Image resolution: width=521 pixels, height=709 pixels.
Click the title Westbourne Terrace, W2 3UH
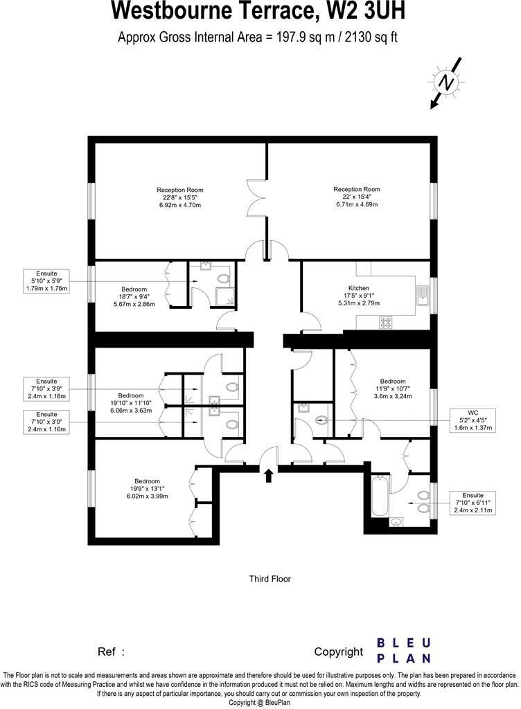coord(259,12)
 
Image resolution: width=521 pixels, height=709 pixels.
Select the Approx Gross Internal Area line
coord(259,37)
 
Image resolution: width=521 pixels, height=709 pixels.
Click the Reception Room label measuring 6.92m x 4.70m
coord(179,197)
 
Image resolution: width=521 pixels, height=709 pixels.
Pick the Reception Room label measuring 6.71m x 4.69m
coord(357,197)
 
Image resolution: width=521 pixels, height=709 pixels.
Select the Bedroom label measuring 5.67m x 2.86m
coord(134,296)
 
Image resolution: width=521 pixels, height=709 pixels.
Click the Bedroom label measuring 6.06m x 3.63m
coord(131,402)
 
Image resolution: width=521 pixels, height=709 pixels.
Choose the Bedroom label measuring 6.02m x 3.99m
coord(147,488)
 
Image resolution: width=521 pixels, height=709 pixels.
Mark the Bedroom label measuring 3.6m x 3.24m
coord(392,388)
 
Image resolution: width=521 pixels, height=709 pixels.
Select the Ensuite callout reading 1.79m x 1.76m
coord(46,280)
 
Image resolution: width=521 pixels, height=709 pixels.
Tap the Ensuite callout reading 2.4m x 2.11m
coord(473,503)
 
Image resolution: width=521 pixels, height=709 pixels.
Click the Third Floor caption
coord(270,579)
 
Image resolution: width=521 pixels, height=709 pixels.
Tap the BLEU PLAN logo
coord(404,651)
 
